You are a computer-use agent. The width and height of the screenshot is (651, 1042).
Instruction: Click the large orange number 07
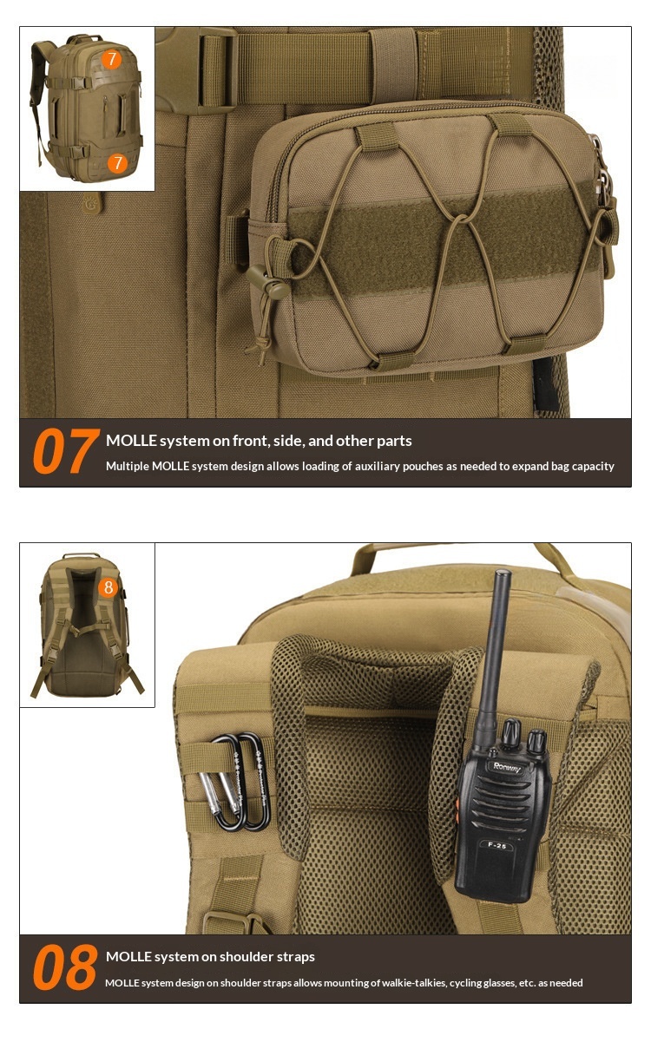[66, 451]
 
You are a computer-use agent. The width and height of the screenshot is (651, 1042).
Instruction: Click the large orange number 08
[65, 967]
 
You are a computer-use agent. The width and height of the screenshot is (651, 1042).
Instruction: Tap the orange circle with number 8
[108, 587]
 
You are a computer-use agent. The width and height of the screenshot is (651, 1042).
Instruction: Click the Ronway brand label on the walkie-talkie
[507, 767]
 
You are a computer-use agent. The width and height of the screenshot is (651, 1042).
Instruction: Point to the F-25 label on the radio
[497, 845]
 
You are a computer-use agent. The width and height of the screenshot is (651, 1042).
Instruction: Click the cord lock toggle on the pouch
[266, 280]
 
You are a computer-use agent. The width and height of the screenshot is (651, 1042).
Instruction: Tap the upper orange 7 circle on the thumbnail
[111, 60]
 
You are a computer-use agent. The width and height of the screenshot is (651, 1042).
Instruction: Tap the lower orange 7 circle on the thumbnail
[117, 163]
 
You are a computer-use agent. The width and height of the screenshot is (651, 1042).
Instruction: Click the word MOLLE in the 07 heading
[131, 441]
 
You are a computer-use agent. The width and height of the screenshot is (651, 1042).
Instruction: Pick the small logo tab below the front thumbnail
[93, 203]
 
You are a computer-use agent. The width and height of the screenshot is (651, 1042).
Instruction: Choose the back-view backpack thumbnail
[88, 626]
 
